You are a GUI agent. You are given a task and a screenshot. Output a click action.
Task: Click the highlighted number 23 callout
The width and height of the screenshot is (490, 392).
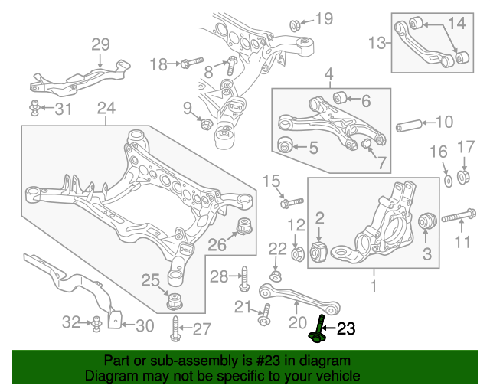pyautogui.click(x=346, y=329)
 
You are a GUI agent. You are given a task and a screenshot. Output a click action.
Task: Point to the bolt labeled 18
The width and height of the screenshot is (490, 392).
pyautogui.click(x=191, y=64)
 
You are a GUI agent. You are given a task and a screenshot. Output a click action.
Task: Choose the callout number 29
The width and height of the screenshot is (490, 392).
pyautogui.click(x=101, y=44)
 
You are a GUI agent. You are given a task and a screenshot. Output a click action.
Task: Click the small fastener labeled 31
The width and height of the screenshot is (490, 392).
pyautogui.click(x=35, y=108)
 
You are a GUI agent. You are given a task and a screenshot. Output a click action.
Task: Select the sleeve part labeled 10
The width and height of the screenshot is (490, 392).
pyautogui.click(x=410, y=124)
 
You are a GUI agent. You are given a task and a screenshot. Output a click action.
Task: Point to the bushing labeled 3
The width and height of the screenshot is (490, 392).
pyautogui.click(x=427, y=222)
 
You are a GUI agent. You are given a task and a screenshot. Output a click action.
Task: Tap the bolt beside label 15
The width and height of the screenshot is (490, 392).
pyautogui.click(x=290, y=203)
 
